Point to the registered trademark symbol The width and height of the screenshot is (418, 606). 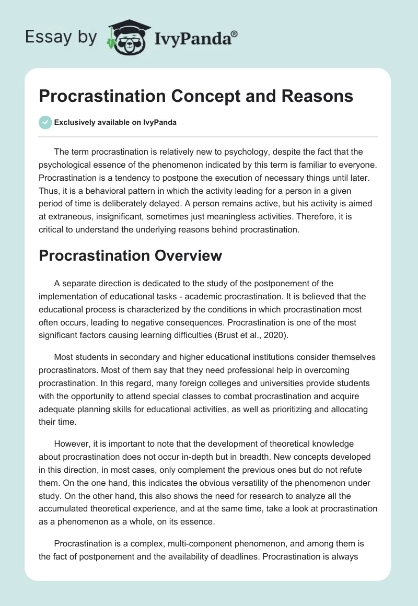[x=235, y=34]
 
